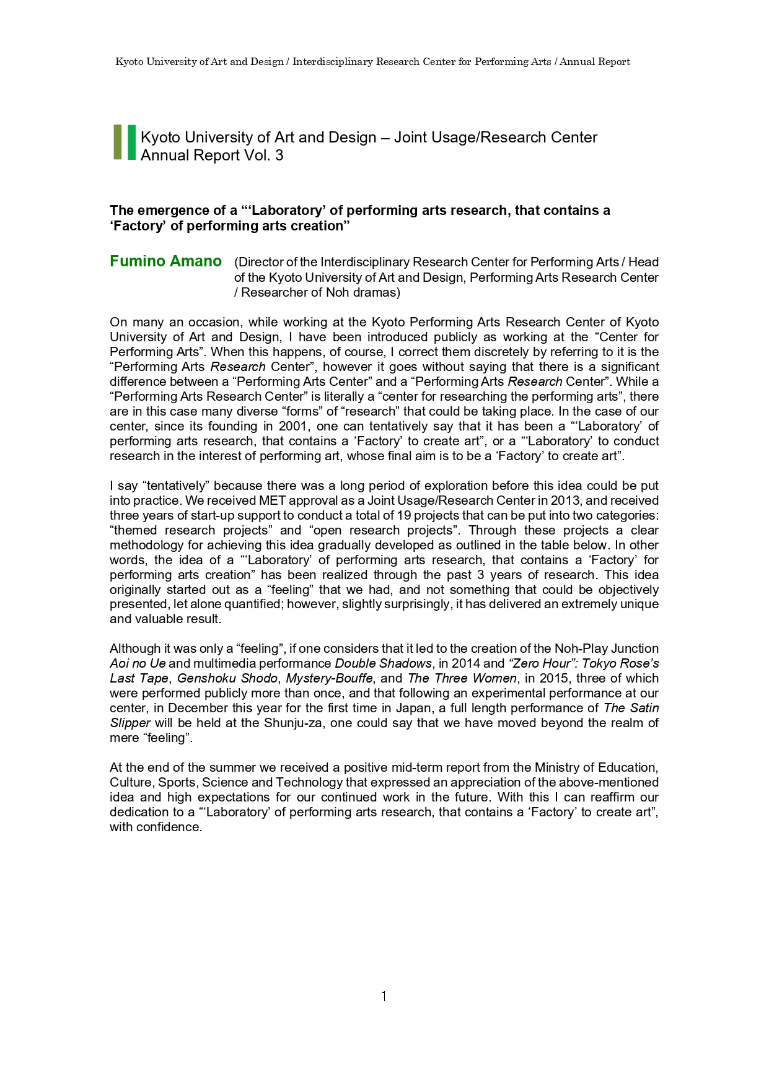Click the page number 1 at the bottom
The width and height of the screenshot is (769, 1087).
[384, 996]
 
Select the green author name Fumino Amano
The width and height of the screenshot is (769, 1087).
[165, 261]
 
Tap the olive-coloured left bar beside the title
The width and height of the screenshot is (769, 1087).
[118, 142]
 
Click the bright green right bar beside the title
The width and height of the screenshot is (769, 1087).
[131, 142]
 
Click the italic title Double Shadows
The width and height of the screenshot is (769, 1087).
[382, 663]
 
